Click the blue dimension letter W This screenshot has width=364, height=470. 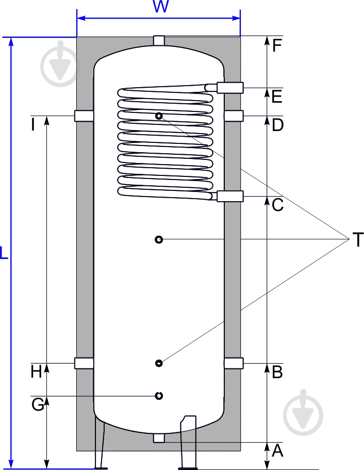[161, 7]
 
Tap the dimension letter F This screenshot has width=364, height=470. [277, 46]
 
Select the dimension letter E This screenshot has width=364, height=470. [277, 96]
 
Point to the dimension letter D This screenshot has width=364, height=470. [278, 125]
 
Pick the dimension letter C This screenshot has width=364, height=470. [277, 205]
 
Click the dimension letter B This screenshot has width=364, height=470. [277, 371]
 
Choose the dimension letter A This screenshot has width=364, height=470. [277, 451]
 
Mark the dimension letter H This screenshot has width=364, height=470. [36, 371]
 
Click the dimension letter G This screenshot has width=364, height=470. [38, 405]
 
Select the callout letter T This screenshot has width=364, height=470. [357, 240]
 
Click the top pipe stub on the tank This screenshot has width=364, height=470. [159, 41]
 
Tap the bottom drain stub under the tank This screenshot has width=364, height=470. [159, 439]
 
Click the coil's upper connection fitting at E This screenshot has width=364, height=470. [229, 88]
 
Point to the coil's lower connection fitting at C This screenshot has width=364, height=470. [229, 196]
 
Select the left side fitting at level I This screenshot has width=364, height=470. [84, 116]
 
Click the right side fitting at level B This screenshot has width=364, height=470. [233, 363]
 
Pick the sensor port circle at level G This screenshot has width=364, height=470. [159, 396]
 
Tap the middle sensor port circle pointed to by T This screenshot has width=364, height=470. [159, 239]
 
